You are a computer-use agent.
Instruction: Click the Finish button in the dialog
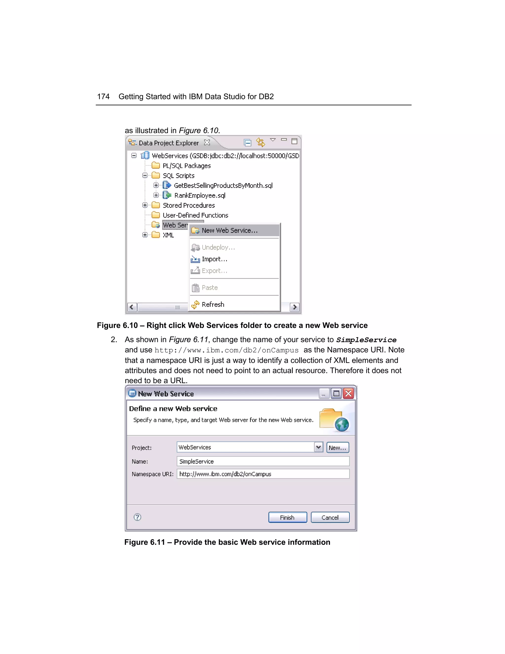pyautogui.click(x=288, y=518)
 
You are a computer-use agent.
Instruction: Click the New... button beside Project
pyautogui.click(x=338, y=448)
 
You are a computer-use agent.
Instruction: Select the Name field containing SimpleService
pyautogui.click(x=263, y=462)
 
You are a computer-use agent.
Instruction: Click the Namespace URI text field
pyautogui.click(x=263, y=474)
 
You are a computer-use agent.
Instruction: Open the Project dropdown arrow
pyautogui.click(x=319, y=447)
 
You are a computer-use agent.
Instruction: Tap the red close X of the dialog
pyautogui.click(x=348, y=393)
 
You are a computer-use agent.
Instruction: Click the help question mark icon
pyautogui.click(x=137, y=517)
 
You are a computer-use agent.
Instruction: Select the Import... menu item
pyautogui.click(x=215, y=259)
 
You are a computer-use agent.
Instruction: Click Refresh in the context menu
pyautogui.click(x=213, y=305)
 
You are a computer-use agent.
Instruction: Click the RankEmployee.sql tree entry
pyautogui.click(x=200, y=195)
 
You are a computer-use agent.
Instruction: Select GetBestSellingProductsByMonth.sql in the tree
pyautogui.click(x=223, y=186)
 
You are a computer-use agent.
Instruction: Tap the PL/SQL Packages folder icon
pyautogui.click(x=156, y=166)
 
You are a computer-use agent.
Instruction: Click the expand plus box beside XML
pyautogui.click(x=145, y=235)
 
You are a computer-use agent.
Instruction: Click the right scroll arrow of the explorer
pyautogui.click(x=295, y=307)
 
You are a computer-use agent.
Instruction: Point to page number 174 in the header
pyautogui.click(x=103, y=97)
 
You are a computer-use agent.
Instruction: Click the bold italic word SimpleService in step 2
pyautogui.click(x=366, y=340)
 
